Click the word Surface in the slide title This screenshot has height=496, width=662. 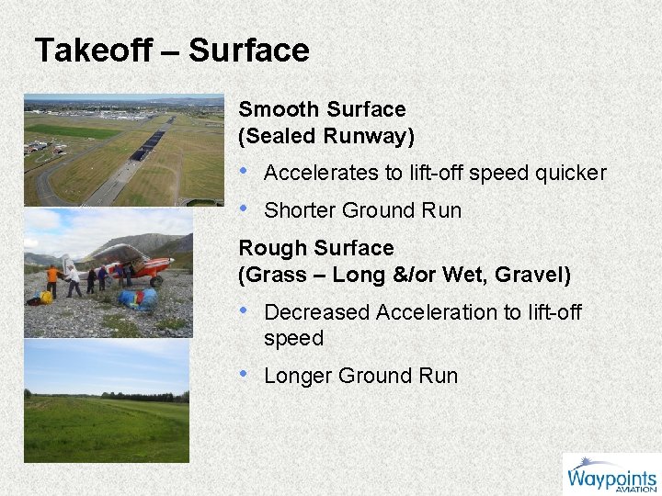249,50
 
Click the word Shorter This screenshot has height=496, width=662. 300,210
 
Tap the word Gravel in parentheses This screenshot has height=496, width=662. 529,274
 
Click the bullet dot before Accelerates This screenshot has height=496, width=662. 244,172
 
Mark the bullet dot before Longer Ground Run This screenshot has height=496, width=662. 244,375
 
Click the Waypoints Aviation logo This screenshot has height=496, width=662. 611,474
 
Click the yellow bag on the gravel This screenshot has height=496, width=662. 45,298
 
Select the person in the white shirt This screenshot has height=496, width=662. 74,280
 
